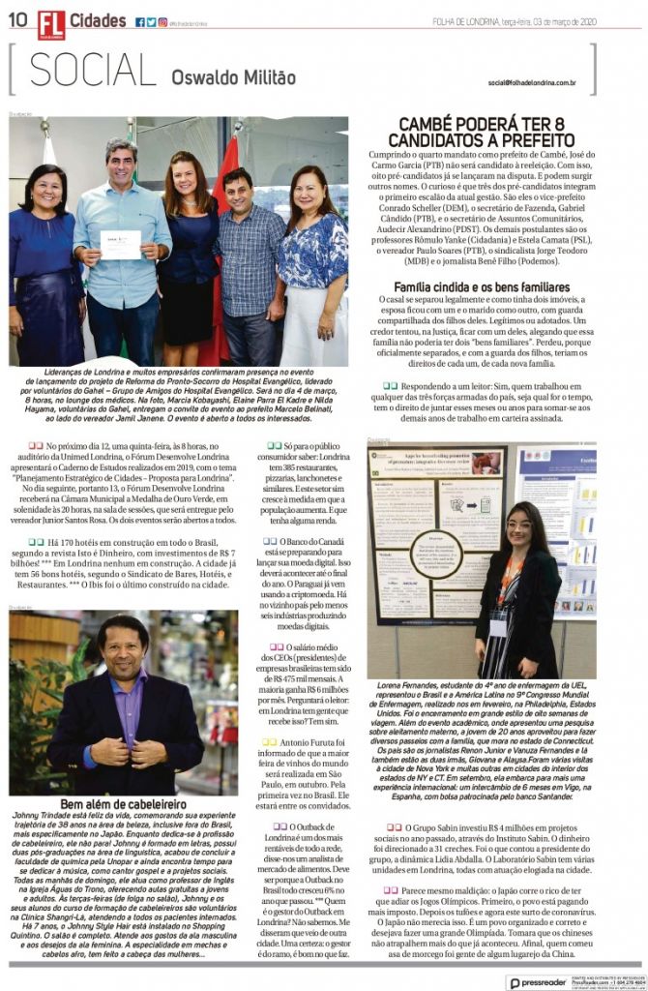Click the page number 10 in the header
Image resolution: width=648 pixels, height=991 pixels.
pyautogui.click(x=18, y=21)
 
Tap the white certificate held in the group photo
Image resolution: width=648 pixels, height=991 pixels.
pyautogui.click(x=121, y=243)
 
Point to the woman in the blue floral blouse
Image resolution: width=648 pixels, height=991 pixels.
pyautogui.click(x=312, y=256)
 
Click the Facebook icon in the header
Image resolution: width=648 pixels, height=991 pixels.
pyautogui.click(x=140, y=21)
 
